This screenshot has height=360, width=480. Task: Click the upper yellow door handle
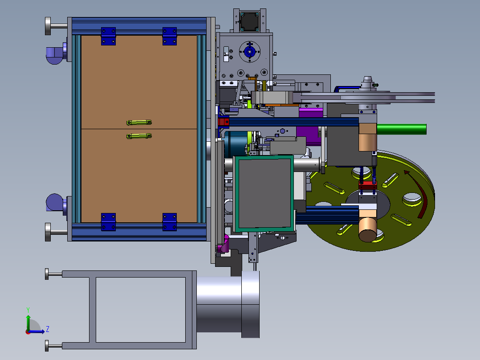139,123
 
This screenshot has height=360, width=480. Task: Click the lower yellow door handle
139,136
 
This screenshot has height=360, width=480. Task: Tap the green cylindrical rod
401,129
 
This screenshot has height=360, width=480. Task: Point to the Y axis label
28,310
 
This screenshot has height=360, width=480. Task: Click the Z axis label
48,329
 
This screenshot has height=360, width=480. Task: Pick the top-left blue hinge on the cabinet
108,36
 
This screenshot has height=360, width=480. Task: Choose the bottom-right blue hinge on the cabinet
170,221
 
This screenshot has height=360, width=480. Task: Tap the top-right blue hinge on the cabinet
170,36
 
